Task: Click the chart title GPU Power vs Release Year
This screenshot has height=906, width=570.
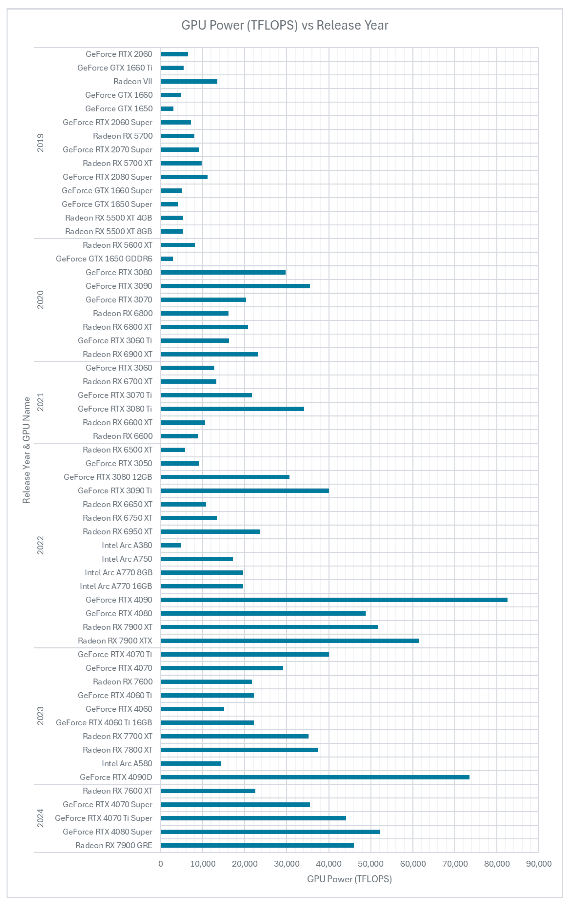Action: click(285, 25)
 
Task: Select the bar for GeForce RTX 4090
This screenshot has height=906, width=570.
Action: click(334, 600)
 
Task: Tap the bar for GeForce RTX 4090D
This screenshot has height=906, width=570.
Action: click(315, 777)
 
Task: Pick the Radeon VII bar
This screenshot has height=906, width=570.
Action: click(189, 81)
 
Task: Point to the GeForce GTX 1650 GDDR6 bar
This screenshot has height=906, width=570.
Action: click(167, 259)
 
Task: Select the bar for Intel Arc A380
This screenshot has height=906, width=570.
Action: click(171, 545)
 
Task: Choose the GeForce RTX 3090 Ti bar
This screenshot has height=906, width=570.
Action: click(245, 491)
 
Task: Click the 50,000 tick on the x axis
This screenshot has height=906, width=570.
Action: click(371, 864)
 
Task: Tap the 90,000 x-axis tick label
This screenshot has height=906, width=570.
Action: click(538, 864)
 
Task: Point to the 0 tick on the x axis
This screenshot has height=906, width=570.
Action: click(161, 864)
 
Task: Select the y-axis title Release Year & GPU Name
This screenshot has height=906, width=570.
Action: click(26, 450)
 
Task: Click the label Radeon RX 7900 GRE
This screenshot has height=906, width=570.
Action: click(114, 845)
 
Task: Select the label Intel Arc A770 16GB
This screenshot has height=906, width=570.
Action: click(116, 586)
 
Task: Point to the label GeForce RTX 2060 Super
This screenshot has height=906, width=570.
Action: click(107, 122)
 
